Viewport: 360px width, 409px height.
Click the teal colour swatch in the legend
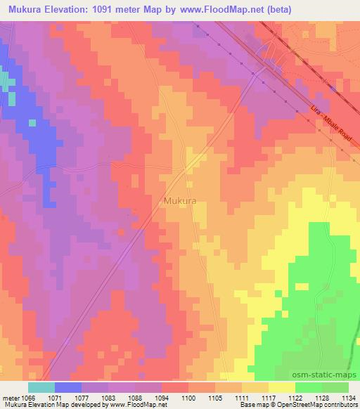point(41,387)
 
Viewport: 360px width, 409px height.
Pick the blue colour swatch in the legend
point(68,387)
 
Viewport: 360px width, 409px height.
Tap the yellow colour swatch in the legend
point(282,387)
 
